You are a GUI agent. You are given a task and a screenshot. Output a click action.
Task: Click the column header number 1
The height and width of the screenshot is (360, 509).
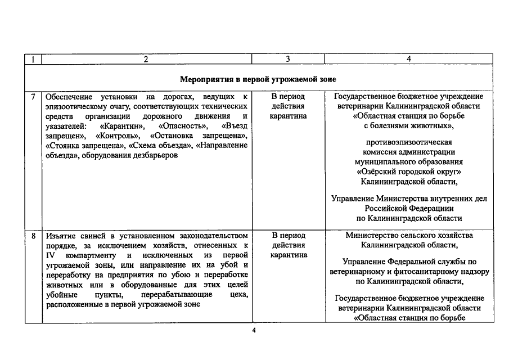click(x=33, y=59)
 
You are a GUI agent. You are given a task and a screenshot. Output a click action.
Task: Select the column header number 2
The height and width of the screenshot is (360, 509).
click(x=146, y=59)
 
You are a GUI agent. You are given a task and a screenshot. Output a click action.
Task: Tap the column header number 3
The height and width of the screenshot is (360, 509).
click(x=288, y=59)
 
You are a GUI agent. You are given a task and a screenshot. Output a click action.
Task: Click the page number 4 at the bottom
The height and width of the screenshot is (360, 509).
click(x=254, y=330)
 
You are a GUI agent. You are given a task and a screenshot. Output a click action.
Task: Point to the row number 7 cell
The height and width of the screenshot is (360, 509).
click(x=33, y=96)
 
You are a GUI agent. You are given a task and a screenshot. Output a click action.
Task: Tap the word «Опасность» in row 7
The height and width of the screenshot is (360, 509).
click(x=183, y=126)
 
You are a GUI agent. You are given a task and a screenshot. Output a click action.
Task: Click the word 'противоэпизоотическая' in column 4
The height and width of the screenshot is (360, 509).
click(x=409, y=141)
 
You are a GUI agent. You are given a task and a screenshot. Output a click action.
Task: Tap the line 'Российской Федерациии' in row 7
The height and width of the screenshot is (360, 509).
click(x=409, y=208)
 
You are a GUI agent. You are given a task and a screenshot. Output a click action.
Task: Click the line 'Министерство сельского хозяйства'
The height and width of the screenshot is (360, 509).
click(x=409, y=235)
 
